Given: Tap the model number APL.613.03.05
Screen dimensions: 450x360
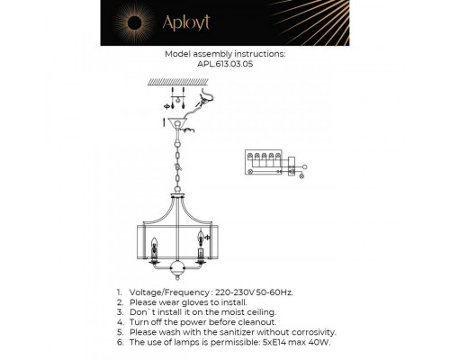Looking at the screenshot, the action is pos(225,65).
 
